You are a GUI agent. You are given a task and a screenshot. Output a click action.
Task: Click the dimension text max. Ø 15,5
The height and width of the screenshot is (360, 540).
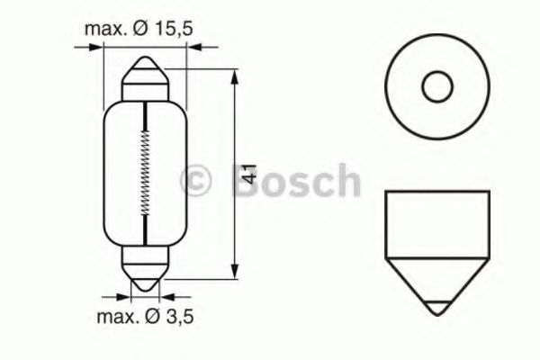(139, 30)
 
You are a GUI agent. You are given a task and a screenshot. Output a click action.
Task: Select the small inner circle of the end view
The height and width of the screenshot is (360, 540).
(436, 88)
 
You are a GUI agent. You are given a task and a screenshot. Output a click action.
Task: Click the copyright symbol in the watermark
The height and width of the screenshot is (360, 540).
(197, 181)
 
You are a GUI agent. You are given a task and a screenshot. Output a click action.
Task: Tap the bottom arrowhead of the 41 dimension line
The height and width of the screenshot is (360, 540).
(236, 275)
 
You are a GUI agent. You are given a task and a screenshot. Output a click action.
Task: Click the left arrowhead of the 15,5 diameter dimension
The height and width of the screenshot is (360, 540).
(102, 50)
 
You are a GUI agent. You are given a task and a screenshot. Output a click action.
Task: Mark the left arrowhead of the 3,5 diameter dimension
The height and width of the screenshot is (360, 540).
(126, 294)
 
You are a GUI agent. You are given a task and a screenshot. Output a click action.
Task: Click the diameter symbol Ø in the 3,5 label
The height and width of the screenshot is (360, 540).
(157, 316)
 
